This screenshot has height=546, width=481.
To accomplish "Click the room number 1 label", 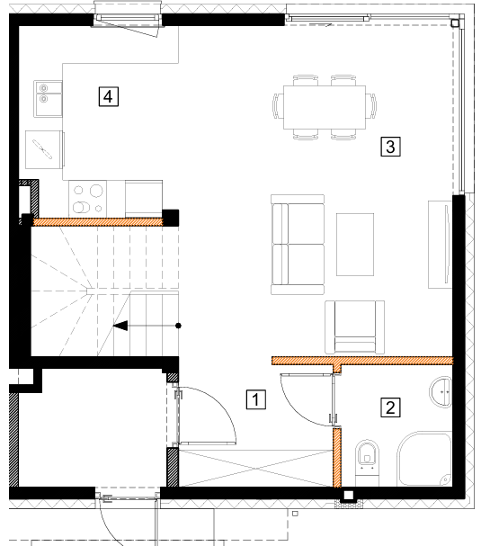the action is [256, 399].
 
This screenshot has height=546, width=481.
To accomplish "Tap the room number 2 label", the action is [390, 407].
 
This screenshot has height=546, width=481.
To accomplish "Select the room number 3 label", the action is [390, 147].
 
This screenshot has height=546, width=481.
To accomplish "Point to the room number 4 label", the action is [108, 96].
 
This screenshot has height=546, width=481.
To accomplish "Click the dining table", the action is [325, 107].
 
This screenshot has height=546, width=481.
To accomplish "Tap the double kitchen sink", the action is [48, 99].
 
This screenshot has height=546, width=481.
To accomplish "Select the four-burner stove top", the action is [88, 199].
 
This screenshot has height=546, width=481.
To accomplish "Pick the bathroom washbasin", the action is [441, 391].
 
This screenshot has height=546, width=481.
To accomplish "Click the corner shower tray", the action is [424, 459].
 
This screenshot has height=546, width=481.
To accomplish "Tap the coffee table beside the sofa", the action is [355, 245].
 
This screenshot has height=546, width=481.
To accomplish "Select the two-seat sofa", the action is [298, 245].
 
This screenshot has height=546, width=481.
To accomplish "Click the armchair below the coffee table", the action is [354, 327].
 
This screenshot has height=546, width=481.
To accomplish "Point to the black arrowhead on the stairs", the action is [120, 326].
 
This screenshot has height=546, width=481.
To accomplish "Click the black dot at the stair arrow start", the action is [178, 326].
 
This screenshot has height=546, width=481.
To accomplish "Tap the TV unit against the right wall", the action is [441, 245].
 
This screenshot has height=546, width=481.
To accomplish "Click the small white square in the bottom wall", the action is [349, 495].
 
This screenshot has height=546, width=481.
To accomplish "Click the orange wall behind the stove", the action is [97, 222].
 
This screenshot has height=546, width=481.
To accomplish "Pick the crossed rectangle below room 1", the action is [256, 468].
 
